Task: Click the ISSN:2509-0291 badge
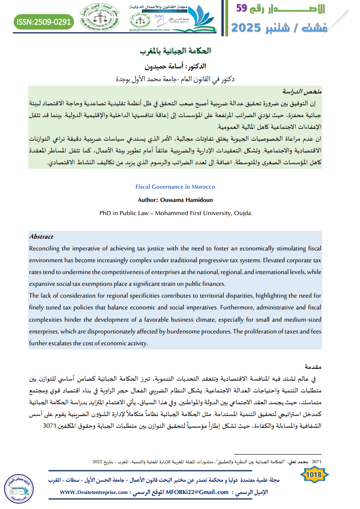pyautogui.click(x=44, y=21)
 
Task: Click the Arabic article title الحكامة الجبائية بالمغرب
pyautogui.click(x=176, y=50)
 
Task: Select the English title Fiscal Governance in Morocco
pyautogui.click(x=175, y=186)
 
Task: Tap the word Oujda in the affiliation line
pyautogui.click(x=242, y=213)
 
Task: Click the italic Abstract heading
pyautogui.click(x=41, y=237)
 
